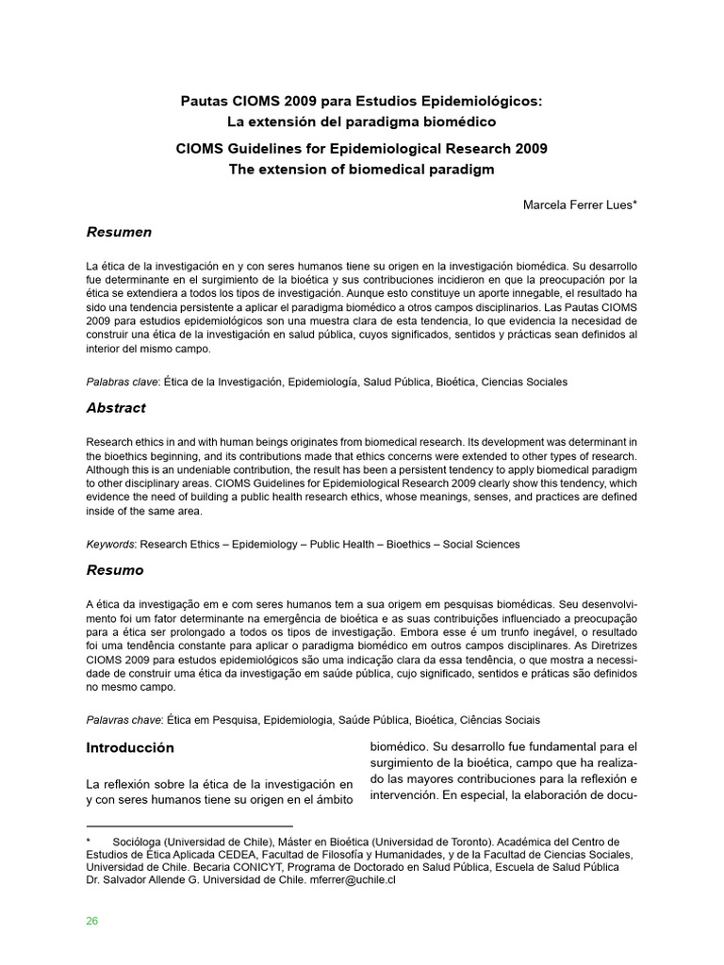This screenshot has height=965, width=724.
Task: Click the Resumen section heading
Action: coord(119,232)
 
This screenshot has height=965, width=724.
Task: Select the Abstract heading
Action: coord(116,408)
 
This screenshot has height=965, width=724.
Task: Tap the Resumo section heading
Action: coord(115,570)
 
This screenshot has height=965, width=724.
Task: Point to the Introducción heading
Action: coord(130,747)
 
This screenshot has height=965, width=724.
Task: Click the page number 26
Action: coord(91,921)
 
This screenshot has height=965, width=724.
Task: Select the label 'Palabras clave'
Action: coord(122,382)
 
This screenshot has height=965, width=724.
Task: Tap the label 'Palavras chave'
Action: coord(123,720)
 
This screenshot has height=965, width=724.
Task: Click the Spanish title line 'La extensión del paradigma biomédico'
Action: coord(361,122)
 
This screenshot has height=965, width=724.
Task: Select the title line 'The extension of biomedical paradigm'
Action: coord(362,169)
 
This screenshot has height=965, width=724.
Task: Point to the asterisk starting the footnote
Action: coord(88,841)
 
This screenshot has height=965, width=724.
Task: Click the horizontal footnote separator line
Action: coord(189,825)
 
